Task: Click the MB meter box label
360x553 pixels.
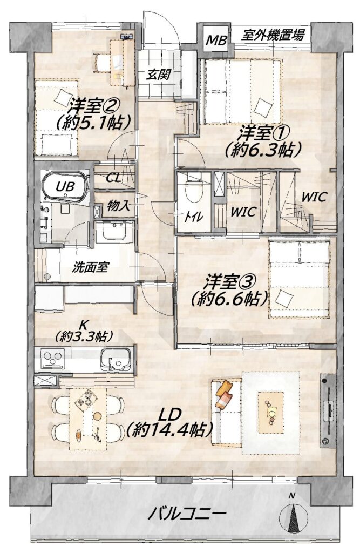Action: click(x=216, y=41)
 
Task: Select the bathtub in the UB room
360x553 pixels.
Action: click(x=65, y=186)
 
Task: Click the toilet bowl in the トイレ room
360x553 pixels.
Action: click(x=193, y=191)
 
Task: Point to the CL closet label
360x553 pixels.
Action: click(x=114, y=178)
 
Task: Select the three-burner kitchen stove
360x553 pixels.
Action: click(x=52, y=359)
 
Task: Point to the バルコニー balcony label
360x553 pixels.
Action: click(x=186, y=513)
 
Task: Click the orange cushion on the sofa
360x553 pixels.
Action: click(x=225, y=394)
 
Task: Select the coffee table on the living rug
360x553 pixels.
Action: click(x=271, y=413)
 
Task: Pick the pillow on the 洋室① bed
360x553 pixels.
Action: click(x=263, y=107)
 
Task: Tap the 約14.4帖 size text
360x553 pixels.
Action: click(x=169, y=429)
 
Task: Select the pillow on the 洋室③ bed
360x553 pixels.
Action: click(x=284, y=298)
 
